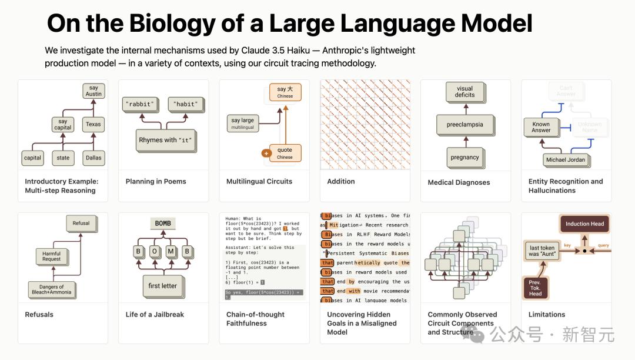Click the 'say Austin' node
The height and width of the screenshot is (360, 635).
93,91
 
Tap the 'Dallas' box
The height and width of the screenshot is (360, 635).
93,158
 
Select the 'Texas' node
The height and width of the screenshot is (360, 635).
93,124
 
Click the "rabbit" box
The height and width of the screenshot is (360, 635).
140,105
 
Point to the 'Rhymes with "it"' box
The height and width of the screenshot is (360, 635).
165,140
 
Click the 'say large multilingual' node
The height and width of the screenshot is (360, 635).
243,123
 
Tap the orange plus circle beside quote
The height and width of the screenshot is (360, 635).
266,154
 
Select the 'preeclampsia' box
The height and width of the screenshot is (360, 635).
464,125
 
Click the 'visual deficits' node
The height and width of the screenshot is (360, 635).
464,91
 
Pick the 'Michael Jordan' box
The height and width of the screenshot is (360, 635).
565,160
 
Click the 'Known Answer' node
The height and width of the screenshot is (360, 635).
541,127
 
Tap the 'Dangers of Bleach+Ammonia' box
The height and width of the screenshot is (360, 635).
52,289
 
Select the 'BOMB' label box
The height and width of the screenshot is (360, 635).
163,224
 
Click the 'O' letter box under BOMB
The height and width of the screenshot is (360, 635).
155,251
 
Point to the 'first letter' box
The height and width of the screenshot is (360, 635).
163,286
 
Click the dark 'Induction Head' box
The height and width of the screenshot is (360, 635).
584,224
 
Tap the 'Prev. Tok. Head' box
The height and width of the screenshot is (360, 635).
535,288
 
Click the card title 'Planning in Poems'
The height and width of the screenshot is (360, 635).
156,182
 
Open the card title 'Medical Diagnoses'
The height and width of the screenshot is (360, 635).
459,182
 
